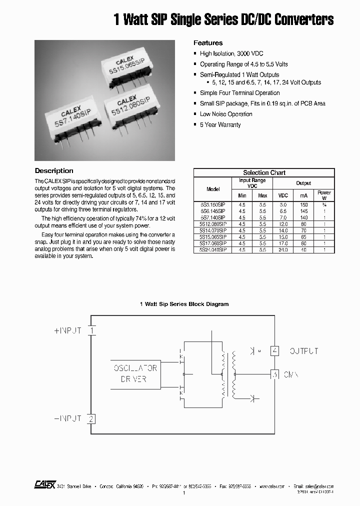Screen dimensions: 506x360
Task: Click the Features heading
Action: point(208,43)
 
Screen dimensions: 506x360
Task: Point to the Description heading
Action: point(54,171)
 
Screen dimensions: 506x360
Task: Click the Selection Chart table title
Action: point(264,172)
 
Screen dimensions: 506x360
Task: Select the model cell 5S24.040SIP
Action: point(212,249)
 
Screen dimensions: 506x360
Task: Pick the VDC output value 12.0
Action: point(283,224)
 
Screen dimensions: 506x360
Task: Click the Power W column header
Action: point(324,195)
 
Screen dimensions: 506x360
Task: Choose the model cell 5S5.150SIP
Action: point(212,205)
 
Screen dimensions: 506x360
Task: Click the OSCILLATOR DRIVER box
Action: point(135,373)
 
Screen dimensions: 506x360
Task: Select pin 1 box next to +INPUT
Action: point(91,330)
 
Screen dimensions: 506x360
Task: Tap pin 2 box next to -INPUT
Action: point(91,419)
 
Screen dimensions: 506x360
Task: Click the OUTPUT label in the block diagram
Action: point(303,351)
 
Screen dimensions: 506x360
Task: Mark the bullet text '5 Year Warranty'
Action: point(220,125)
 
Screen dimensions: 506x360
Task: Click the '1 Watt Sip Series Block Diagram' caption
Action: point(184,304)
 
